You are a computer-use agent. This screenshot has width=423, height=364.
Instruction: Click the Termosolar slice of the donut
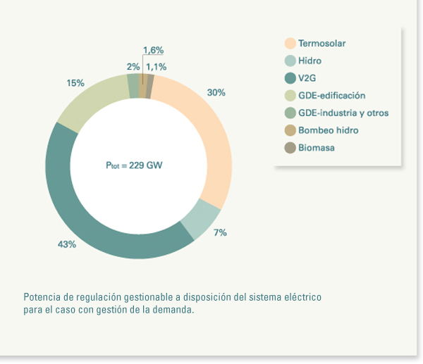pyautogui.click(x=210, y=134)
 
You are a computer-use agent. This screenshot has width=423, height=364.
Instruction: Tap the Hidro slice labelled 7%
pyautogui.click(x=200, y=218)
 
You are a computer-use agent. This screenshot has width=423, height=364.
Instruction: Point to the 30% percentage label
pyautogui.click(x=216, y=92)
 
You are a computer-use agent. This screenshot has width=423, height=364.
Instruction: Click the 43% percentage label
pyautogui.click(x=67, y=244)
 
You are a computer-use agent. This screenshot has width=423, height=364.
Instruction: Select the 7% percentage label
pyautogui.click(x=220, y=232)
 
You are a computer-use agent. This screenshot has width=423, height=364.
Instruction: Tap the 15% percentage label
pyautogui.click(x=75, y=83)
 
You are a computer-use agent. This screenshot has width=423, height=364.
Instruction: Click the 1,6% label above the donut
pyautogui.click(x=153, y=50)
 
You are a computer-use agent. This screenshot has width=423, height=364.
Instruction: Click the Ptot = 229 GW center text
pyautogui.click(x=137, y=167)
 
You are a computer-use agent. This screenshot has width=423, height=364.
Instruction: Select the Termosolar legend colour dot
pyautogui.click(x=290, y=44)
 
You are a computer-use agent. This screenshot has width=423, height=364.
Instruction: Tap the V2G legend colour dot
pyautogui.click(x=290, y=78)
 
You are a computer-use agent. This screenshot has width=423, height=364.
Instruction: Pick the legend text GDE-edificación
pyautogui.click(x=331, y=96)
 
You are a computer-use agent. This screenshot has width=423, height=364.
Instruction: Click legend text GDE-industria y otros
pyautogui.click(x=343, y=113)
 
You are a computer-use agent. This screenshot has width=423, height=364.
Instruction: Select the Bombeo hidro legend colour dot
pyautogui.click(x=290, y=130)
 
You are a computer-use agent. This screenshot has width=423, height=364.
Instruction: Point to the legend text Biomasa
pyautogui.click(x=316, y=148)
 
